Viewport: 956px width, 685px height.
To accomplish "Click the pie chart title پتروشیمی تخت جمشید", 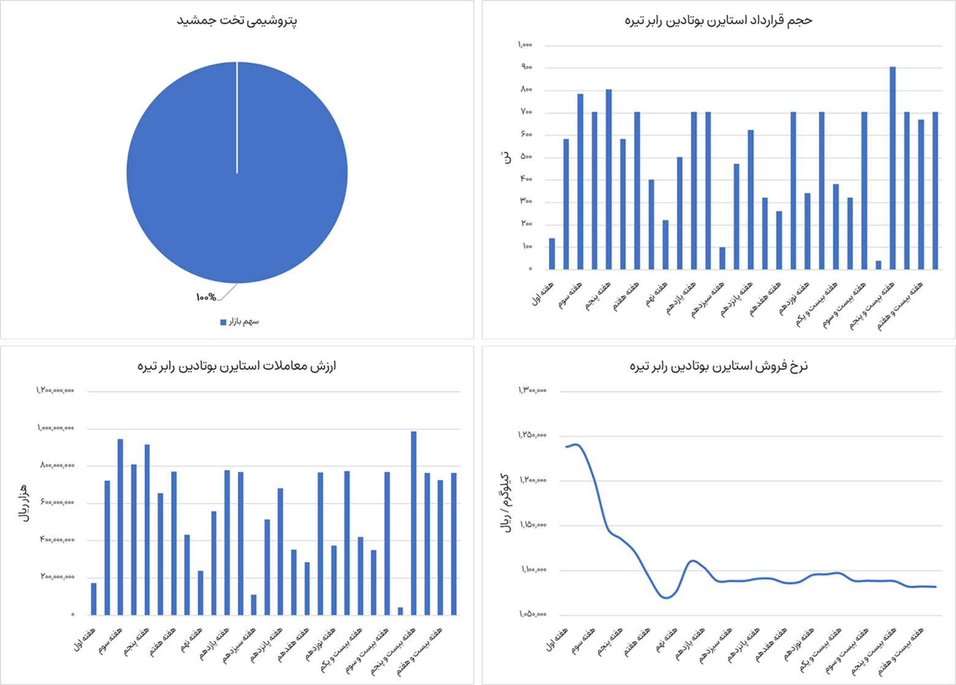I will point(237,21).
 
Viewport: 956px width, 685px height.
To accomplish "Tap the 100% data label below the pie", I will point(206,297).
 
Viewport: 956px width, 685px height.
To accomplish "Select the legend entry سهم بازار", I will point(239,322).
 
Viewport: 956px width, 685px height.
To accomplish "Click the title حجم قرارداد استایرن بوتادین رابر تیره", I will point(718,20).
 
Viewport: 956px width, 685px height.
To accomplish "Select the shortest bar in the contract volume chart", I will point(878,265).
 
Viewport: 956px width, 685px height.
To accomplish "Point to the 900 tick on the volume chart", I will point(526,67).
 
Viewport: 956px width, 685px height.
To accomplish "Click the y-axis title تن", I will point(506,157).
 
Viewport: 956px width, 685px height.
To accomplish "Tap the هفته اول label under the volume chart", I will point(543,293).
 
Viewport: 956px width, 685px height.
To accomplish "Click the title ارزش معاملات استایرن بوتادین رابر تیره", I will point(236,366).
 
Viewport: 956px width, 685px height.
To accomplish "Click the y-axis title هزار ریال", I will point(24,502).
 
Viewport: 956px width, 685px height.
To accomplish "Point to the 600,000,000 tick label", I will point(58,503).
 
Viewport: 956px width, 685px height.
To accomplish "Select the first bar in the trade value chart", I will point(94,599).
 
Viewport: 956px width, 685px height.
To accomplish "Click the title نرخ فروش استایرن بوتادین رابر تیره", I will point(718,366).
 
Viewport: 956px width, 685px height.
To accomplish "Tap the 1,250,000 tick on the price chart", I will point(532,436).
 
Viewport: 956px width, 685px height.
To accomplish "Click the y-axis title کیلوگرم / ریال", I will point(506,503).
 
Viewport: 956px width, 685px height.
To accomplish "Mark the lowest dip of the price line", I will point(666,598).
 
